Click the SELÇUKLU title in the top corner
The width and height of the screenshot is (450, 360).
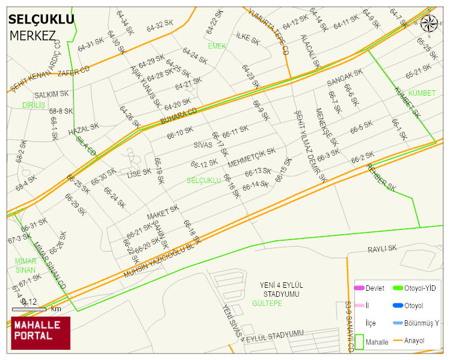41,19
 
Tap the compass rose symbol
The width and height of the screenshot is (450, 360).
429,23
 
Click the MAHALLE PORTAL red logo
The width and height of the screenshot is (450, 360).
40,333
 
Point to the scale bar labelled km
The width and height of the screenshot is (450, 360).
29,309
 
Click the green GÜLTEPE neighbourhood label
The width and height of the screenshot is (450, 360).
267,303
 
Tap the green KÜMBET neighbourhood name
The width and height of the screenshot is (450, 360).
421,93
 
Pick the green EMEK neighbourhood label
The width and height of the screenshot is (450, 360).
217,46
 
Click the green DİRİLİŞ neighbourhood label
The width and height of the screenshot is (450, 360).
34,105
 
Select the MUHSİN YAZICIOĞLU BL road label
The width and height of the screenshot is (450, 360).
160,257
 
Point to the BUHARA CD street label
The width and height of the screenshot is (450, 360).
179,117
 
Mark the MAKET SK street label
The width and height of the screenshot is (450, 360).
163,213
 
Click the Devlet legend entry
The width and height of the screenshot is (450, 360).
375,288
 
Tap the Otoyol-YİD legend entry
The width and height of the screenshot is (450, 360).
420,288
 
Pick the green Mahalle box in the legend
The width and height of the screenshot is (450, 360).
360,341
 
